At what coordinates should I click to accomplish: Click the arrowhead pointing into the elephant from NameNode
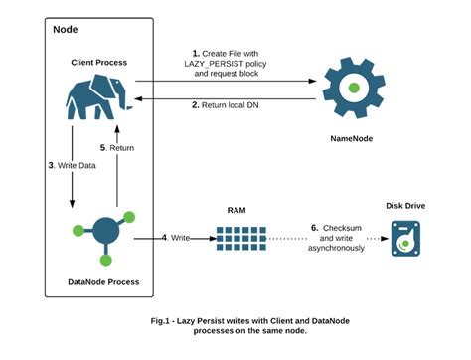pyautogui.click(x=140, y=99)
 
